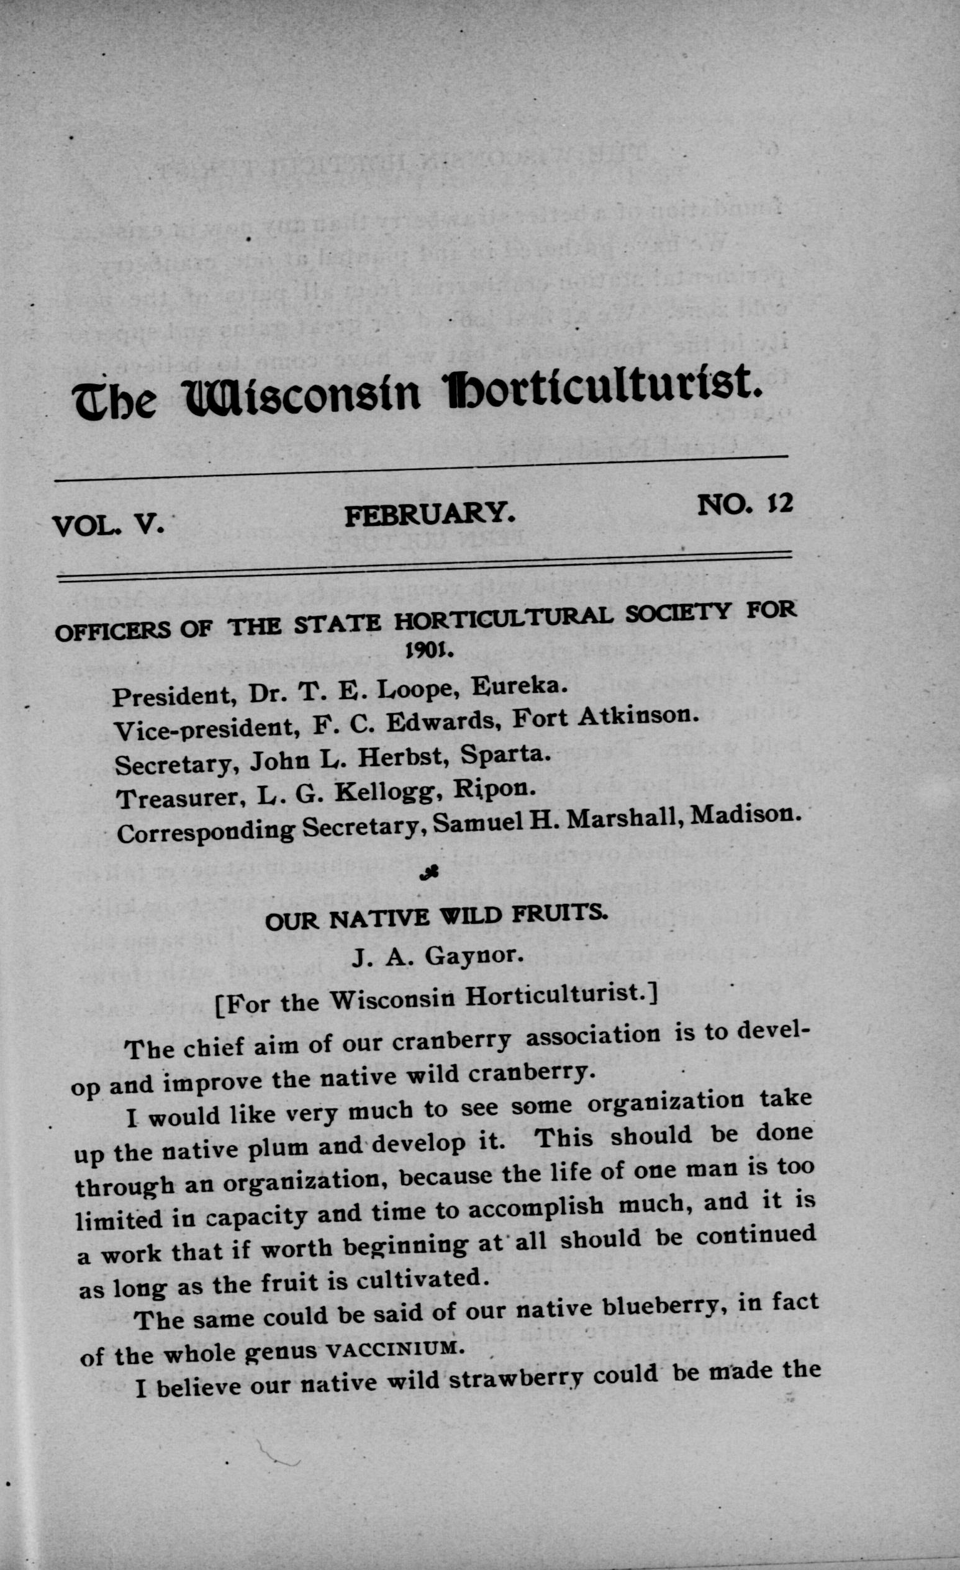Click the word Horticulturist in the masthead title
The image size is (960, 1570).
coord(602,390)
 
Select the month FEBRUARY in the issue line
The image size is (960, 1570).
coord(430,513)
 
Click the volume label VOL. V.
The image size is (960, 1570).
coord(109,525)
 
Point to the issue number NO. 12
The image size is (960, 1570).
coord(745,504)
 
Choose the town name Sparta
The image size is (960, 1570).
coord(505,754)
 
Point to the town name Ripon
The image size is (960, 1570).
coord(494,789)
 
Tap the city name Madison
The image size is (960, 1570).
coord(745,816)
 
